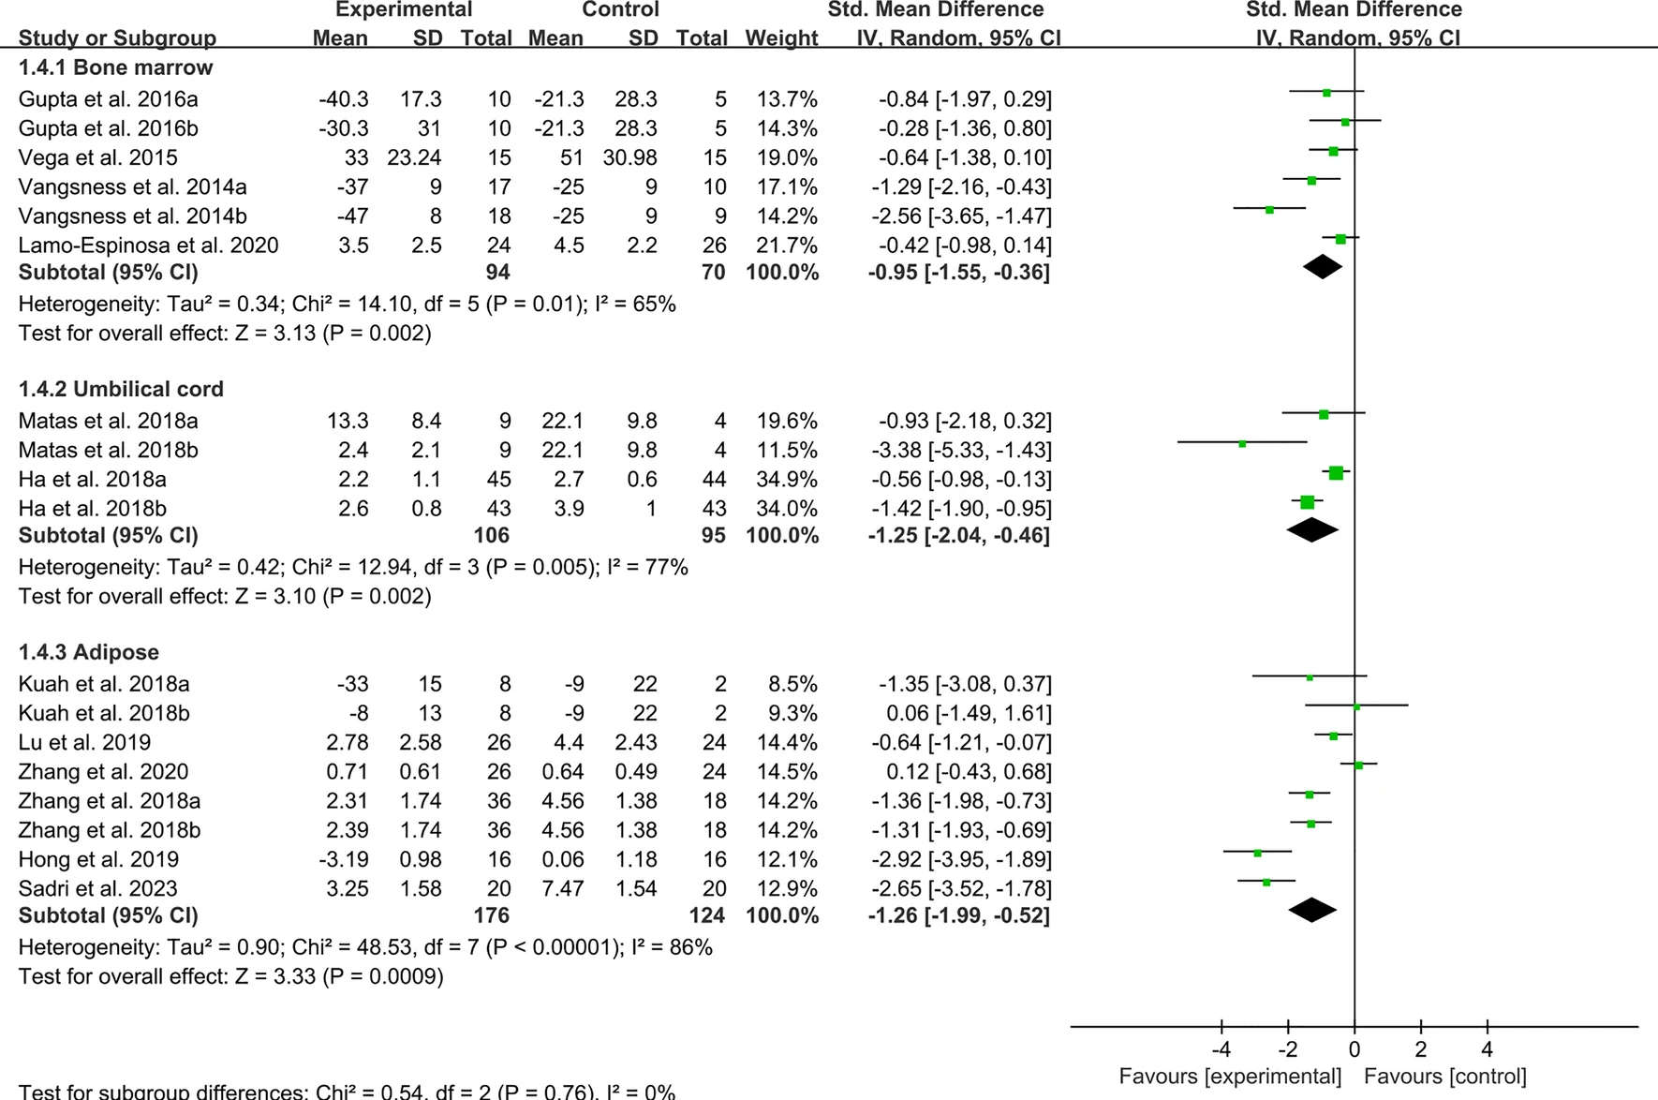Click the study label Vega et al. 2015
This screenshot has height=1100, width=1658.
(x=97, y=157)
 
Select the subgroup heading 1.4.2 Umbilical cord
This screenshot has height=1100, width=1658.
(x=121, y=389)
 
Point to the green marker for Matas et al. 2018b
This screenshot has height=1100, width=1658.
(x=1242, y=443)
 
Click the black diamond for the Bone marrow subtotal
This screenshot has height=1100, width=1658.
(x=1323, y=267)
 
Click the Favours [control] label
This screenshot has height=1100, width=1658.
(x=1444, y=1076)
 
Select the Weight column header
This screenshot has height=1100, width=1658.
(x=781, y=38)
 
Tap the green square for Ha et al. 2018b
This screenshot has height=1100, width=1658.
(x=1307, y=502)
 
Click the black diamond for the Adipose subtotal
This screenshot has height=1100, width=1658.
(x=1312, y=910)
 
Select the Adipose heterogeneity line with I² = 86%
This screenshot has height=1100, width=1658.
(x=365, y=947)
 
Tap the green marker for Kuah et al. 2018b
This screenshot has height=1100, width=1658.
(x=1356, y=706)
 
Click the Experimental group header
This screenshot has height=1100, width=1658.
(x=404, y=10)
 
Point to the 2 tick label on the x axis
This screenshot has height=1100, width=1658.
(x=1420, y=1049)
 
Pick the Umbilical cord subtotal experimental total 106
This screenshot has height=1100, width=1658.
(x=491, y=536)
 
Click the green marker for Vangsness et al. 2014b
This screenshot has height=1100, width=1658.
(x=1269, y=210)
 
